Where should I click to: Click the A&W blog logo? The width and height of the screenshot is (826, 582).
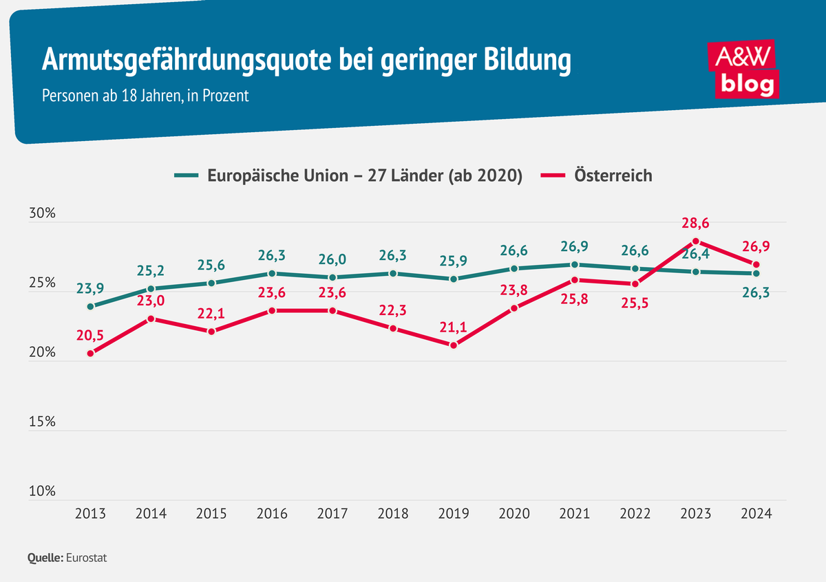[x=744, y=69]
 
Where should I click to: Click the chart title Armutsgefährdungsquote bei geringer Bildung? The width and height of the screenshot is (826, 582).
[x=306, y=61]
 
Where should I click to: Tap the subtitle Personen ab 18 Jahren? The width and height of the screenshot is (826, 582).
[x=145, y=96]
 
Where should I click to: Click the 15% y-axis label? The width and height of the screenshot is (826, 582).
[x=42, y=422]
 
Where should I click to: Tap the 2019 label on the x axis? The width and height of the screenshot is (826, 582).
[x=454, y=514]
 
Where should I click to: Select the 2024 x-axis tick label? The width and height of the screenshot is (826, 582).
[x=756, y=514]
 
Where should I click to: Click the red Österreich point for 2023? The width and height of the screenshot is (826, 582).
[x=696, y=241]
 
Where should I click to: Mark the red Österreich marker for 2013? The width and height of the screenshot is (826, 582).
[x=91, y=353]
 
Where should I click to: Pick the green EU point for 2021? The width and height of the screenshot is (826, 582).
[x=575, y=264]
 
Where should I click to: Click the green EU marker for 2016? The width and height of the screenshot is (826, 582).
[x=273, y=273]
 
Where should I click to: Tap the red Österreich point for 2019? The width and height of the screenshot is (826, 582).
[x=454, y=345]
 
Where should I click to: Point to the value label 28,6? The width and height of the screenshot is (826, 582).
[x=696, y=223]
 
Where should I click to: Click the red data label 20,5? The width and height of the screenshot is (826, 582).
[x=91, y=335]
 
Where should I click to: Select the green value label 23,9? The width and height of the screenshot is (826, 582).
[x=91, y=288]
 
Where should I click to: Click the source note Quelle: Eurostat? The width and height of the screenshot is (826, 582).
[x=67, y=558]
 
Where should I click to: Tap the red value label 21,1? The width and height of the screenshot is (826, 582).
[x=454, y=327]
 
